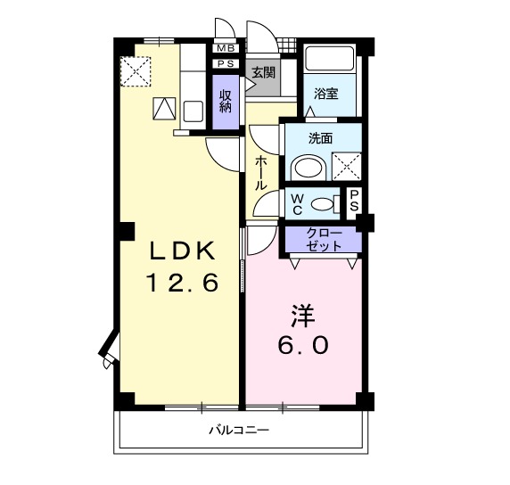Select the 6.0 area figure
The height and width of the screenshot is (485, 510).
[303, 345]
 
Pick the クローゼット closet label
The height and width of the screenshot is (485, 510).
[323, 240]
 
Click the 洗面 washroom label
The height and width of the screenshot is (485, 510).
[320, 139]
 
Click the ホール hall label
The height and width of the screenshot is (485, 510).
[260, 172]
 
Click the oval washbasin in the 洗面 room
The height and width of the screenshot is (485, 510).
[309, 167]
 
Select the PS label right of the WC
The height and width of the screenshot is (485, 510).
[354, 201]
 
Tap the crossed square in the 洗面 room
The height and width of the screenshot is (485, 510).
[345, 166]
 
